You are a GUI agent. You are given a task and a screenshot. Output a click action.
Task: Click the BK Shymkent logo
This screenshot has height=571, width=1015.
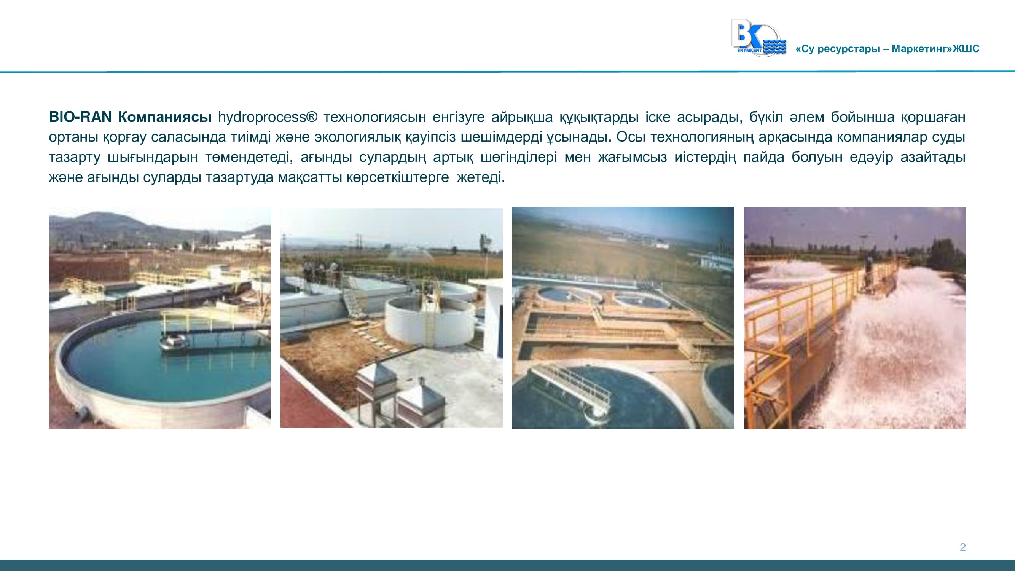[758, 38]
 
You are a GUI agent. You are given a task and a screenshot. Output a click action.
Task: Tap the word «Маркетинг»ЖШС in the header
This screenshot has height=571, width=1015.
[935, 49]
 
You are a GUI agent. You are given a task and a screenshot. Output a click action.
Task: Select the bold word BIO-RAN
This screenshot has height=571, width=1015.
[80, 117]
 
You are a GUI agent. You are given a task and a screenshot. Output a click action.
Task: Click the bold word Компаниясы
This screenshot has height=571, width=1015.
[165, 117]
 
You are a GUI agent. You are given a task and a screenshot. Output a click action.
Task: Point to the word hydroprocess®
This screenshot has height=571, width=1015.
[268, 117]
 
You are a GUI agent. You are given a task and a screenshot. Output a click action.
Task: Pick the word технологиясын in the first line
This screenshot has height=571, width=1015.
[375, 117]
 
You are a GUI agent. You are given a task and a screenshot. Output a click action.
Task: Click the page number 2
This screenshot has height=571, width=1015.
[962, 547]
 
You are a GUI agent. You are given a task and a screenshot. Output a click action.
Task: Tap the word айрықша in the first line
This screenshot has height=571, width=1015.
[522, 117]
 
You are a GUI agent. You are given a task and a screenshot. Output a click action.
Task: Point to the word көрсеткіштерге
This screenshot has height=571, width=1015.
[398, 177]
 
